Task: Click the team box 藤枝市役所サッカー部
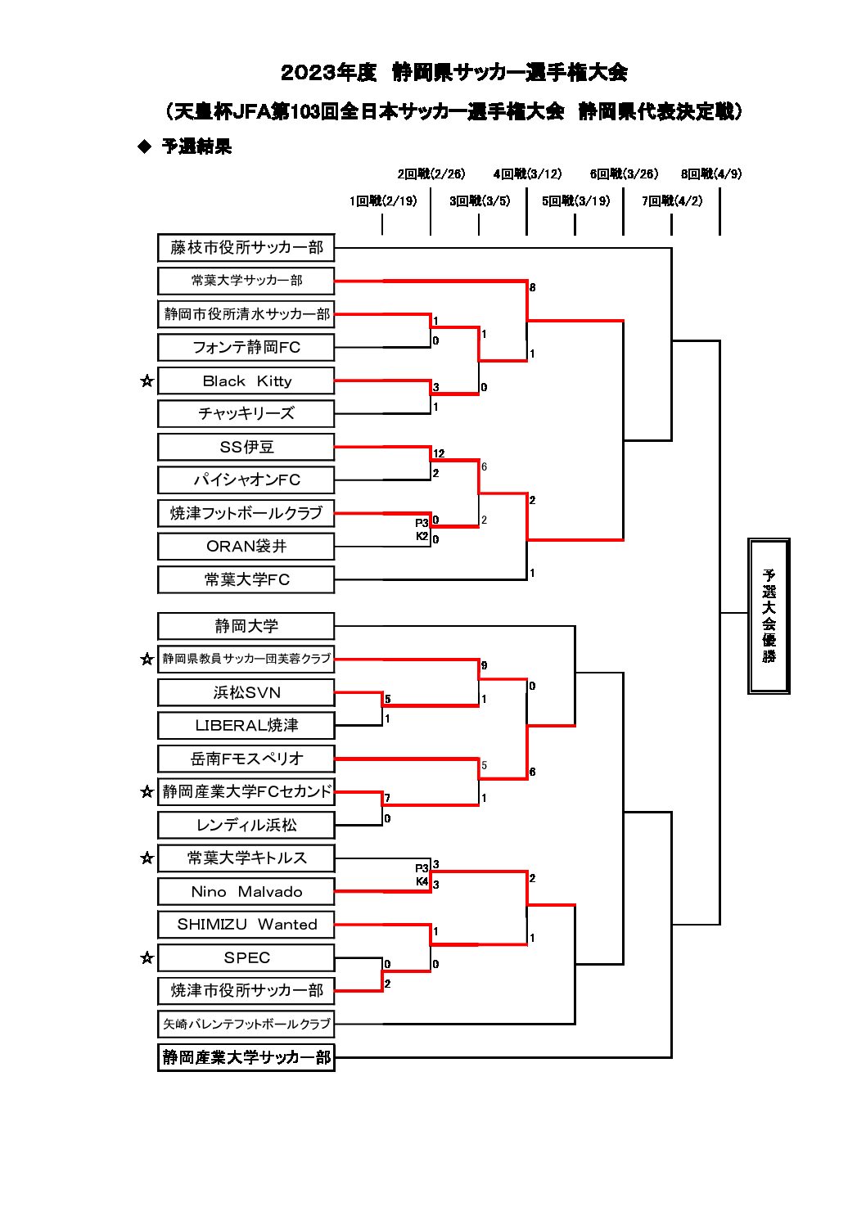click(x=246, y=247)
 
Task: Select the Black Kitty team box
click(x=246, y=381)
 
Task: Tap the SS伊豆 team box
click(x=246, y=447)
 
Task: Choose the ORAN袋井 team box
click(x=246, y=546)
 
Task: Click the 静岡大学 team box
click(x=246, y=626)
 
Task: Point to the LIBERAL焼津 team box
click(x=246, y=725)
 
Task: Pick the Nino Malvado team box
click(x=246, y=891)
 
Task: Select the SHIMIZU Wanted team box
click(x=246, y=925)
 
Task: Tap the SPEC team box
click(x=246, y=957)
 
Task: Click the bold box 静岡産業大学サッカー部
click(x=246, y=1057)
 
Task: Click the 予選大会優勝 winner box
click(x=769, y=615)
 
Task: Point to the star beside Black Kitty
click(x=147, y=381)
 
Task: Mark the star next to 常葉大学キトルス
click(x=147, y=858)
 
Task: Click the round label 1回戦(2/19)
click(x=382, y=201)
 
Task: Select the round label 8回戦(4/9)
click(x=711, y=173)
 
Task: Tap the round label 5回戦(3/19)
click(x=575, y=201)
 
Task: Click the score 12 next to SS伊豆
click(x=439, y=453)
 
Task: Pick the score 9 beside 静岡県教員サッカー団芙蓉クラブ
click(x=484, y=665)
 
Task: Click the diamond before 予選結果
click(x=145, y=146)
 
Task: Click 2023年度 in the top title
click(x=328, y=72)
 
